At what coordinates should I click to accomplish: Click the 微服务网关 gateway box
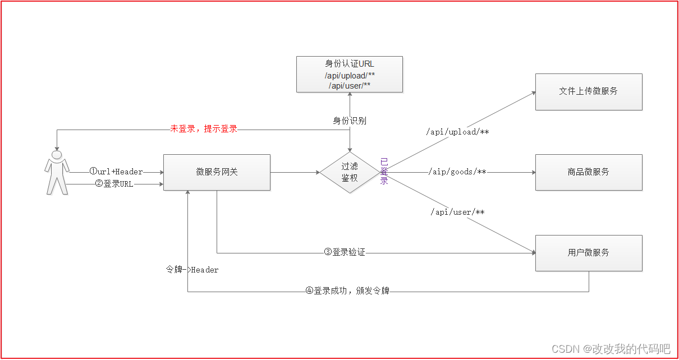[x=217, y=172]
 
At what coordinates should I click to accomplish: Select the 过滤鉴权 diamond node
[x=350, y=172]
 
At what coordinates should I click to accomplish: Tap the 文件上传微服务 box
[x=588, y=91]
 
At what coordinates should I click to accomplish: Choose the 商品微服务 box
[x=588, y=172]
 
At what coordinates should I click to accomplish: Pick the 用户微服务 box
[x=588, y=253]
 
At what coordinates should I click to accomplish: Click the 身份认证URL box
[x=349, y=73]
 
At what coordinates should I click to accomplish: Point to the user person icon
[x=57, y=172]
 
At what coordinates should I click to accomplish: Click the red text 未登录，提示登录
[x=204, y=129]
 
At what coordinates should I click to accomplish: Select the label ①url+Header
[x=116, y=172]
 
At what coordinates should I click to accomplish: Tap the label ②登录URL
[x=114, y=183]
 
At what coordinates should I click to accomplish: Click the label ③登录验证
[x=345, y=252]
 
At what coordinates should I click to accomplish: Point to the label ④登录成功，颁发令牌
[x=347, y=291]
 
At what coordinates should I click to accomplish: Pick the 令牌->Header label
[x=192, y=270]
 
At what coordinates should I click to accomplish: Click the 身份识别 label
[x=350, y=121]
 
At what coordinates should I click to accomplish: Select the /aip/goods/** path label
[x=457, y=172]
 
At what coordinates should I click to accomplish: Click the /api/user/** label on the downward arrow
[x=457, y=212]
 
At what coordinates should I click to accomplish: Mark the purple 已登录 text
[x=384, y=171]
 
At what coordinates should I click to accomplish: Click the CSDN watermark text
[x=611, y=349]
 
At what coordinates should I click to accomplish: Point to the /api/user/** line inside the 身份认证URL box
[x=349, y=85]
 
